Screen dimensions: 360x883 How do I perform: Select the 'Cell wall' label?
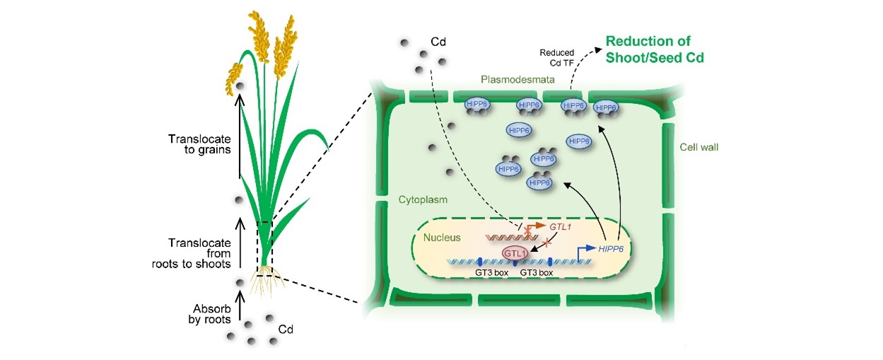[x=698, y=147]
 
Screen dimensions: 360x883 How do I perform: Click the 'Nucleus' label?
[x=442, y=238]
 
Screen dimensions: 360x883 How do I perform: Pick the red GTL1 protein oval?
[x=515, y=253]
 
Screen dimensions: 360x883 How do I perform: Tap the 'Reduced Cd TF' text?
[x=557, y=57]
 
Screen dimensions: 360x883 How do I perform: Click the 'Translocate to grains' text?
[x=198, y=145]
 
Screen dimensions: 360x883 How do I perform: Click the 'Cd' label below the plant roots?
[x=286, y=329]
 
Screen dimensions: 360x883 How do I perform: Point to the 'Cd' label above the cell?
[x=438, y=40]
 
